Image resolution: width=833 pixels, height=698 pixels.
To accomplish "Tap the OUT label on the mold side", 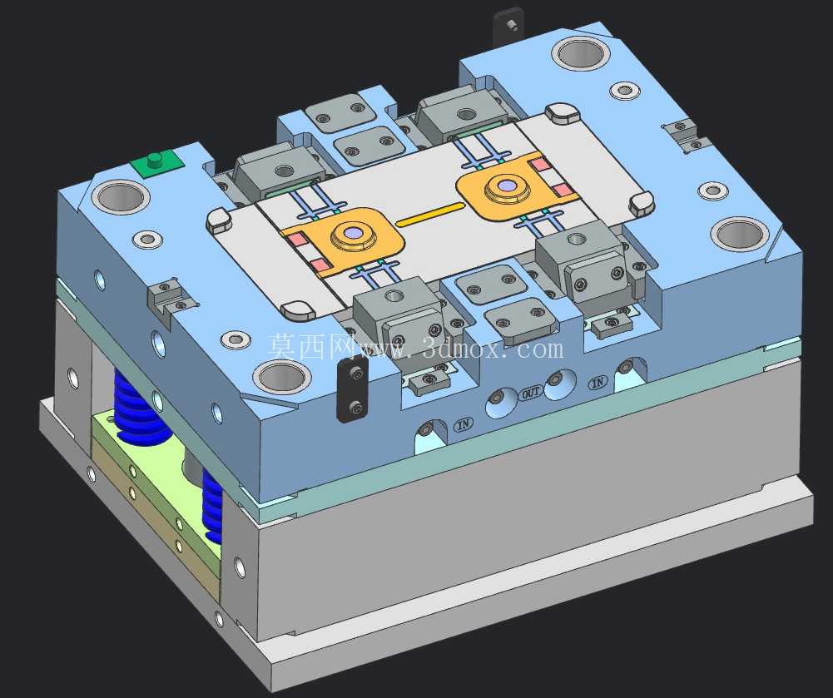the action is [531, 393].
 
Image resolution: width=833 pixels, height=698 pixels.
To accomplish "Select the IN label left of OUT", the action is [464, 424].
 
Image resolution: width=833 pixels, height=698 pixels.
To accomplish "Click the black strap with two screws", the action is [353, 389].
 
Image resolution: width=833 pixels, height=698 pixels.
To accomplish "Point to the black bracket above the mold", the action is [508, 27].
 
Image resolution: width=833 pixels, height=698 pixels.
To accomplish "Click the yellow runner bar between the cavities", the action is [431, 214].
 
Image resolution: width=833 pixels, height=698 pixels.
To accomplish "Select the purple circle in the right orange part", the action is [506, 186].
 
